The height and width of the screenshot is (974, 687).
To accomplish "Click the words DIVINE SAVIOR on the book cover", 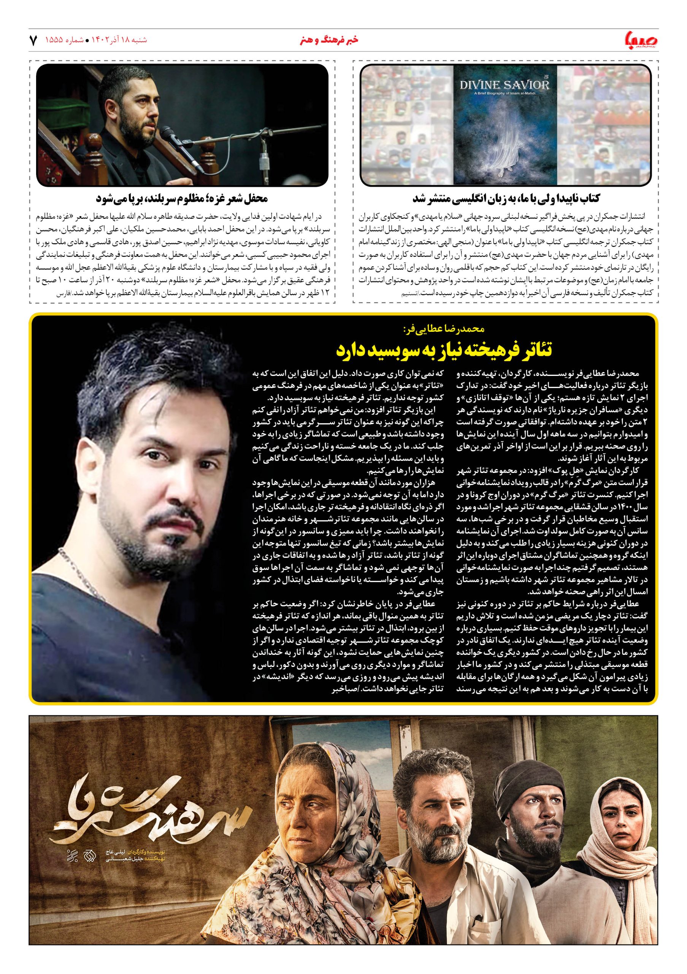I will (505, 85).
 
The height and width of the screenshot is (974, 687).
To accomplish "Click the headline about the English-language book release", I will (506, 199).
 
